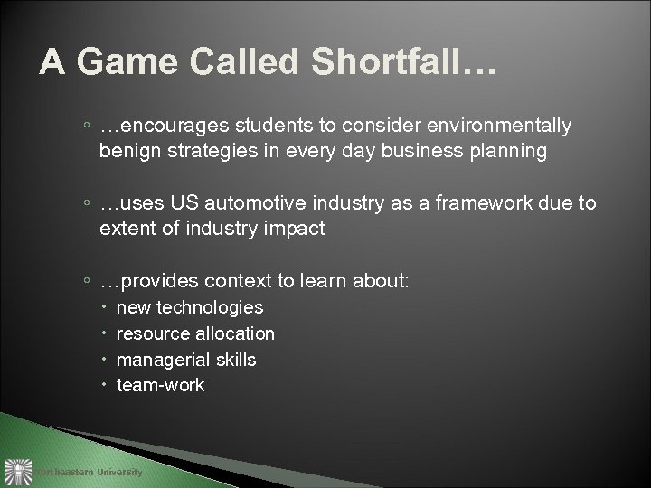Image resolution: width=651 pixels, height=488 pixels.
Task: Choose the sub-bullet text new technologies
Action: [x=190, y=308]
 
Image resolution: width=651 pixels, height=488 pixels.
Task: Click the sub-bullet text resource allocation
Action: [x=196, y=333]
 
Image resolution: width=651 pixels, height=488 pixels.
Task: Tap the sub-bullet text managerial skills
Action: [x=186, y=360]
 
